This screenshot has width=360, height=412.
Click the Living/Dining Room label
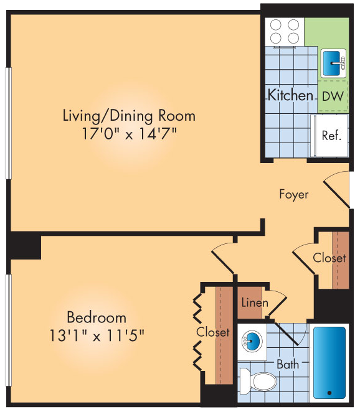coord(129,115)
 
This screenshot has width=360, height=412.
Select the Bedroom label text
coord(97,317)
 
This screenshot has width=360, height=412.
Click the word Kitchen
coord(290,95)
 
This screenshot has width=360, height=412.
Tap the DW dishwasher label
coord(333,96)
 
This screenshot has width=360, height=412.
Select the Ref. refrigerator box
coord(331,135)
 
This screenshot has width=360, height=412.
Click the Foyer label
coord(293,194)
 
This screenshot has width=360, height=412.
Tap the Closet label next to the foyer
coord(329,258)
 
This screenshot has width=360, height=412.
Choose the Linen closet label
coord(254,303)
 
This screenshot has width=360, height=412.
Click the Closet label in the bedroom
coord(213,332)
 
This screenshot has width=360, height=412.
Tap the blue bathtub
coord(329,362)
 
